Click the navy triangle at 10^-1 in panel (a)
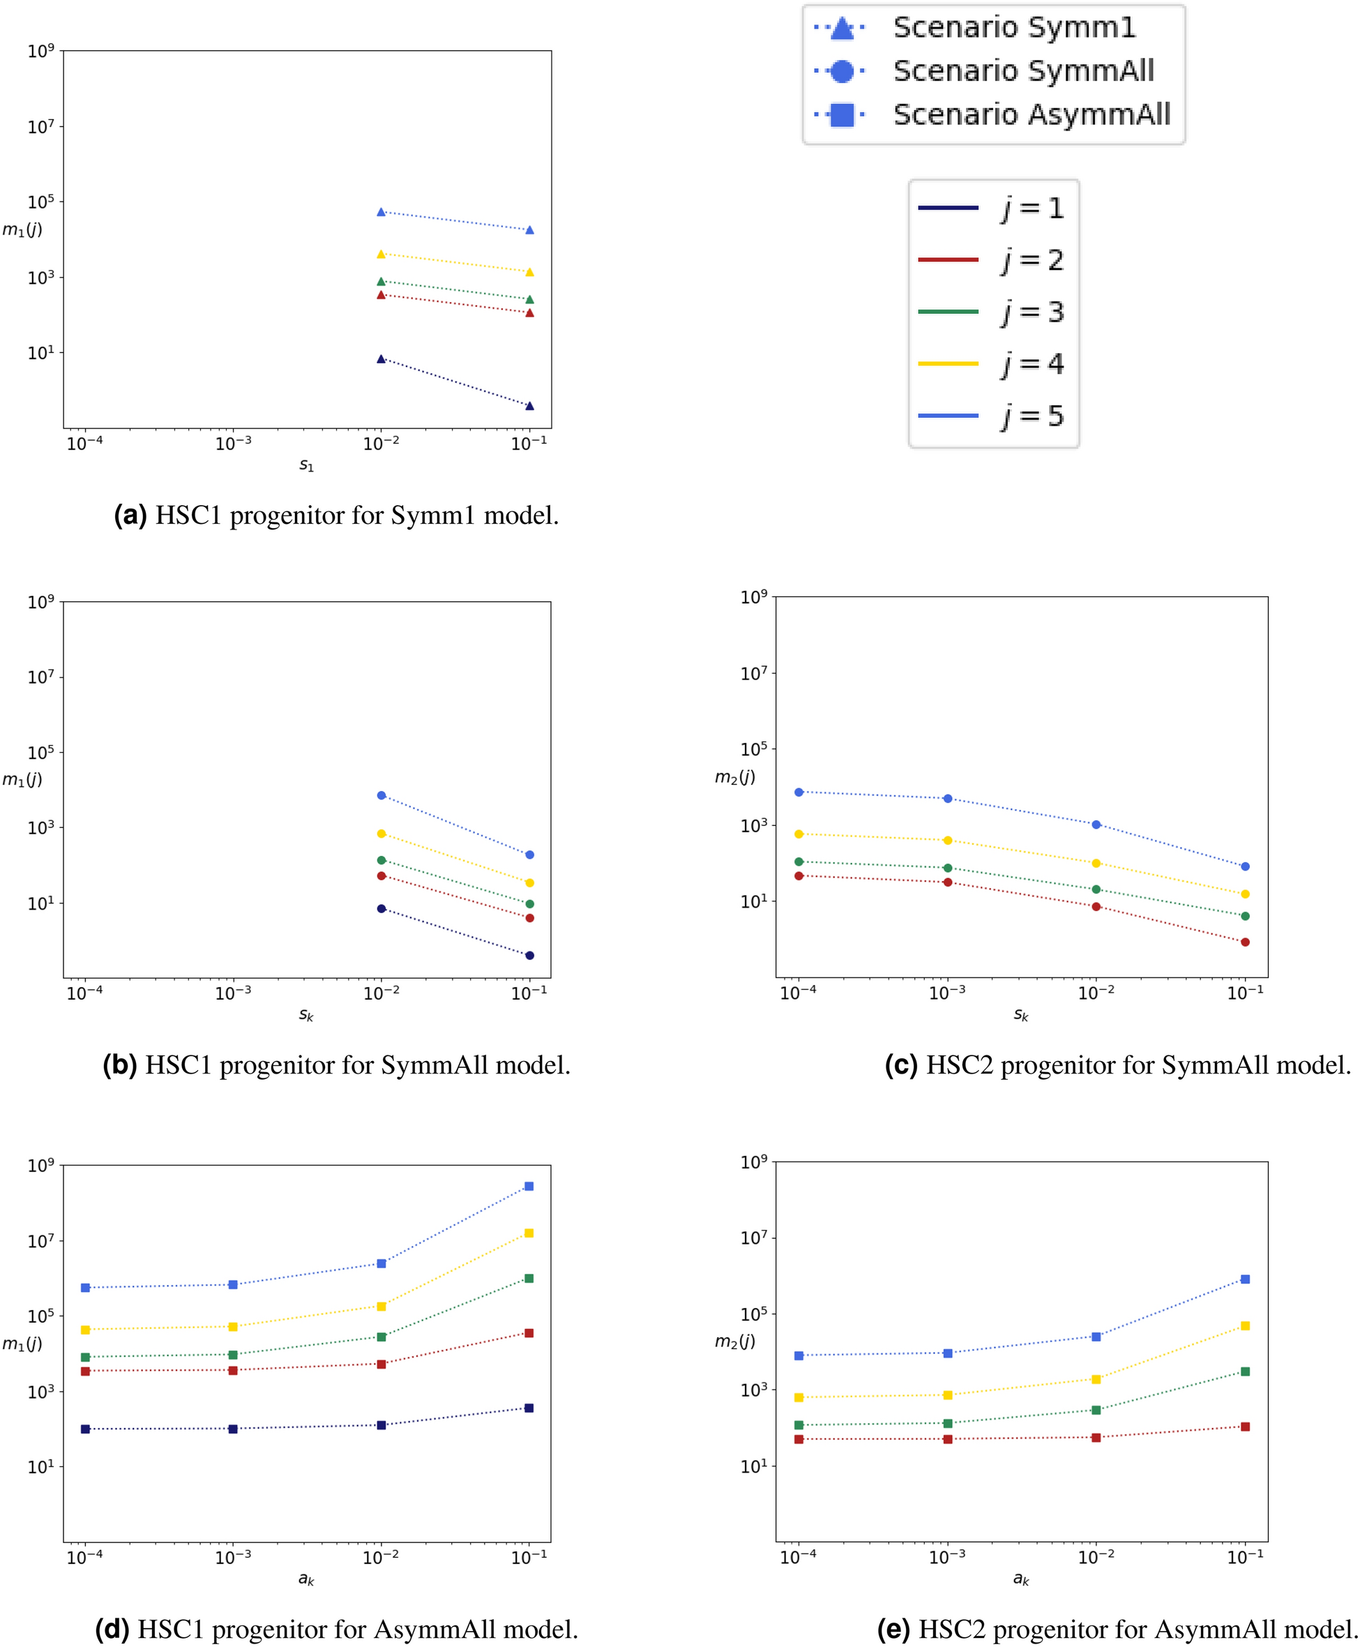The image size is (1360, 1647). pos(529,406)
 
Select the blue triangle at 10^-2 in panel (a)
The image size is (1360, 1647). pos(381,212)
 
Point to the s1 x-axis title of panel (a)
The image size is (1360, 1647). pos(306,465)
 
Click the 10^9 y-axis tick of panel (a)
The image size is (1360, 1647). pos(40,52)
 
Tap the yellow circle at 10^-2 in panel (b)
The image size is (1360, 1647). pos(381,834)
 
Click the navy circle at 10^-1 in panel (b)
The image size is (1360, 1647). pos(529,955)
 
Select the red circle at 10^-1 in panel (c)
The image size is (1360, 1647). pos(1245,942)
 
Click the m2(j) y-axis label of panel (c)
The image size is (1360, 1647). pos(735,776)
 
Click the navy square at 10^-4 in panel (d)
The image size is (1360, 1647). pos(85,1429)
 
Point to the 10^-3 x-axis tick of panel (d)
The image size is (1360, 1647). pos(234,1557)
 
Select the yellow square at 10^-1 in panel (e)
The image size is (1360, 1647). pos(1245,1325)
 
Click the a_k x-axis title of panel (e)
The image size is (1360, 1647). pos(1021,1579)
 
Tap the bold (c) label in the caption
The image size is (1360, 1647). pos(901,1065)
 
